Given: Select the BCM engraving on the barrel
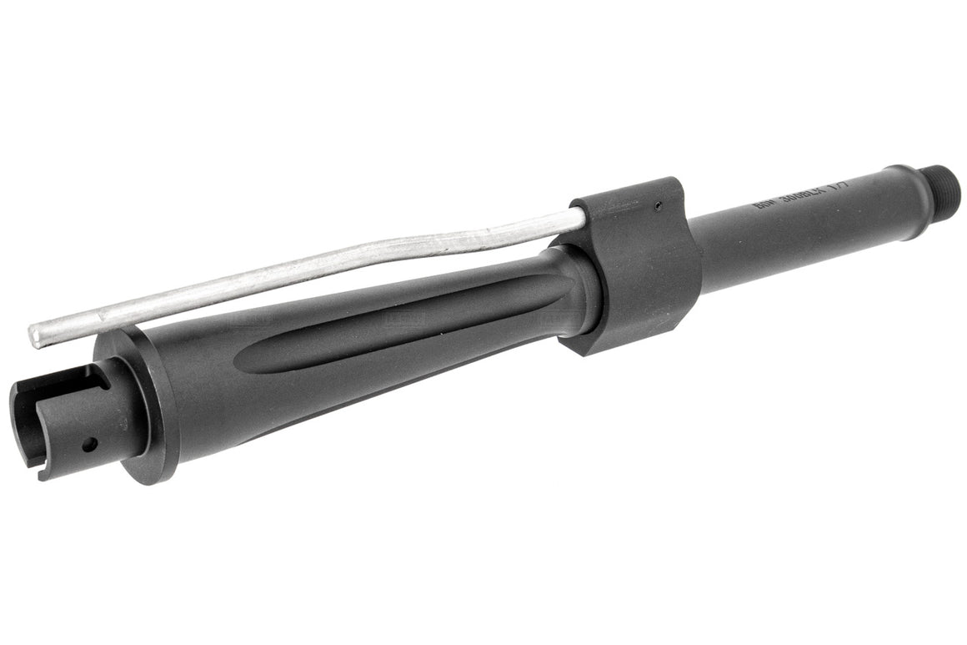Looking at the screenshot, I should [x=760, y=206].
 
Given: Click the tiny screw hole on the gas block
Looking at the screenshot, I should [x=657, y=205].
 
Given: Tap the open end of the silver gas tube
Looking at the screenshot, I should [x=36, y=335].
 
